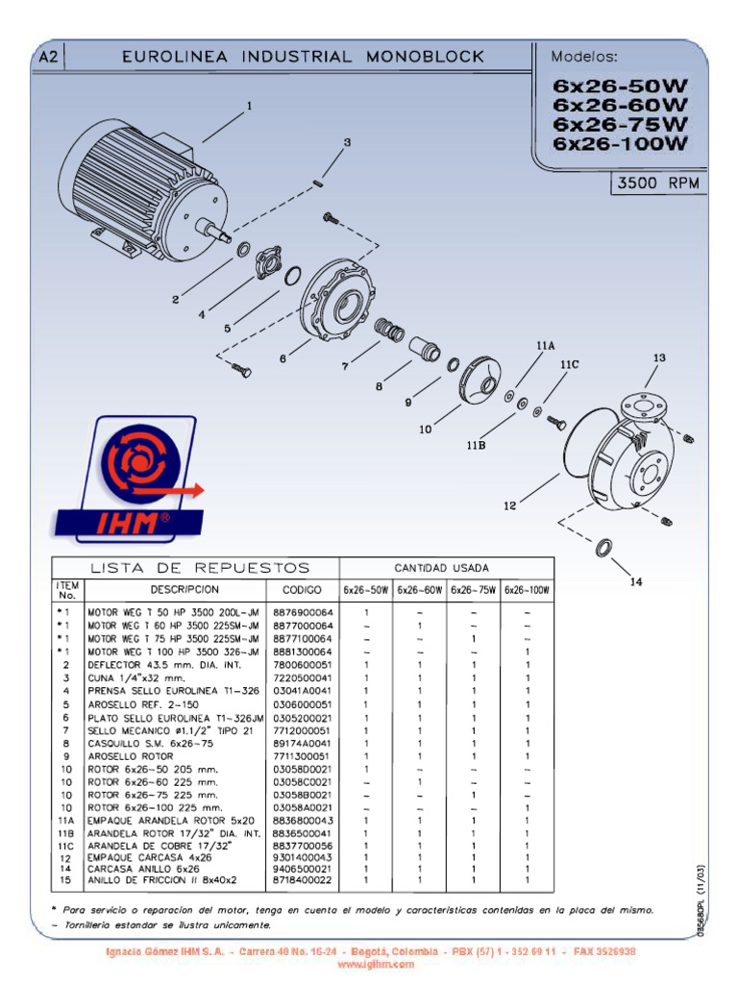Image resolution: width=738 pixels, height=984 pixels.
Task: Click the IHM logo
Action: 129,480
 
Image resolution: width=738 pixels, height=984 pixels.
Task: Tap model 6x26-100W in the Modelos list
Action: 620,144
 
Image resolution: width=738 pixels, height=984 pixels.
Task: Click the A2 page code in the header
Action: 49,58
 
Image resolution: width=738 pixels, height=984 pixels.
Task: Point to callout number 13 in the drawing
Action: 659,358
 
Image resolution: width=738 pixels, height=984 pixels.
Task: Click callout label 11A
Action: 546,345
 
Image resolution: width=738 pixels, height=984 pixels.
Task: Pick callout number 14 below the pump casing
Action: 635,581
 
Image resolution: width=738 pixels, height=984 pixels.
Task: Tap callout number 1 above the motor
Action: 251,106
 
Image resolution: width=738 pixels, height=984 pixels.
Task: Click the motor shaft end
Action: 224,234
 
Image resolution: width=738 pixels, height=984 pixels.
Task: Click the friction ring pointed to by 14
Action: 605,549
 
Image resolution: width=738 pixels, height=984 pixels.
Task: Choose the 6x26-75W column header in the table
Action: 473,589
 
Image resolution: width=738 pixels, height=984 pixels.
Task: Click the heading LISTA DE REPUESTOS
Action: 200,567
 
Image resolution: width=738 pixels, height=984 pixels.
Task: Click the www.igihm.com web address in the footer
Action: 369,963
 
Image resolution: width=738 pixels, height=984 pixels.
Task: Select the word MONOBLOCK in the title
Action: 425,58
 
